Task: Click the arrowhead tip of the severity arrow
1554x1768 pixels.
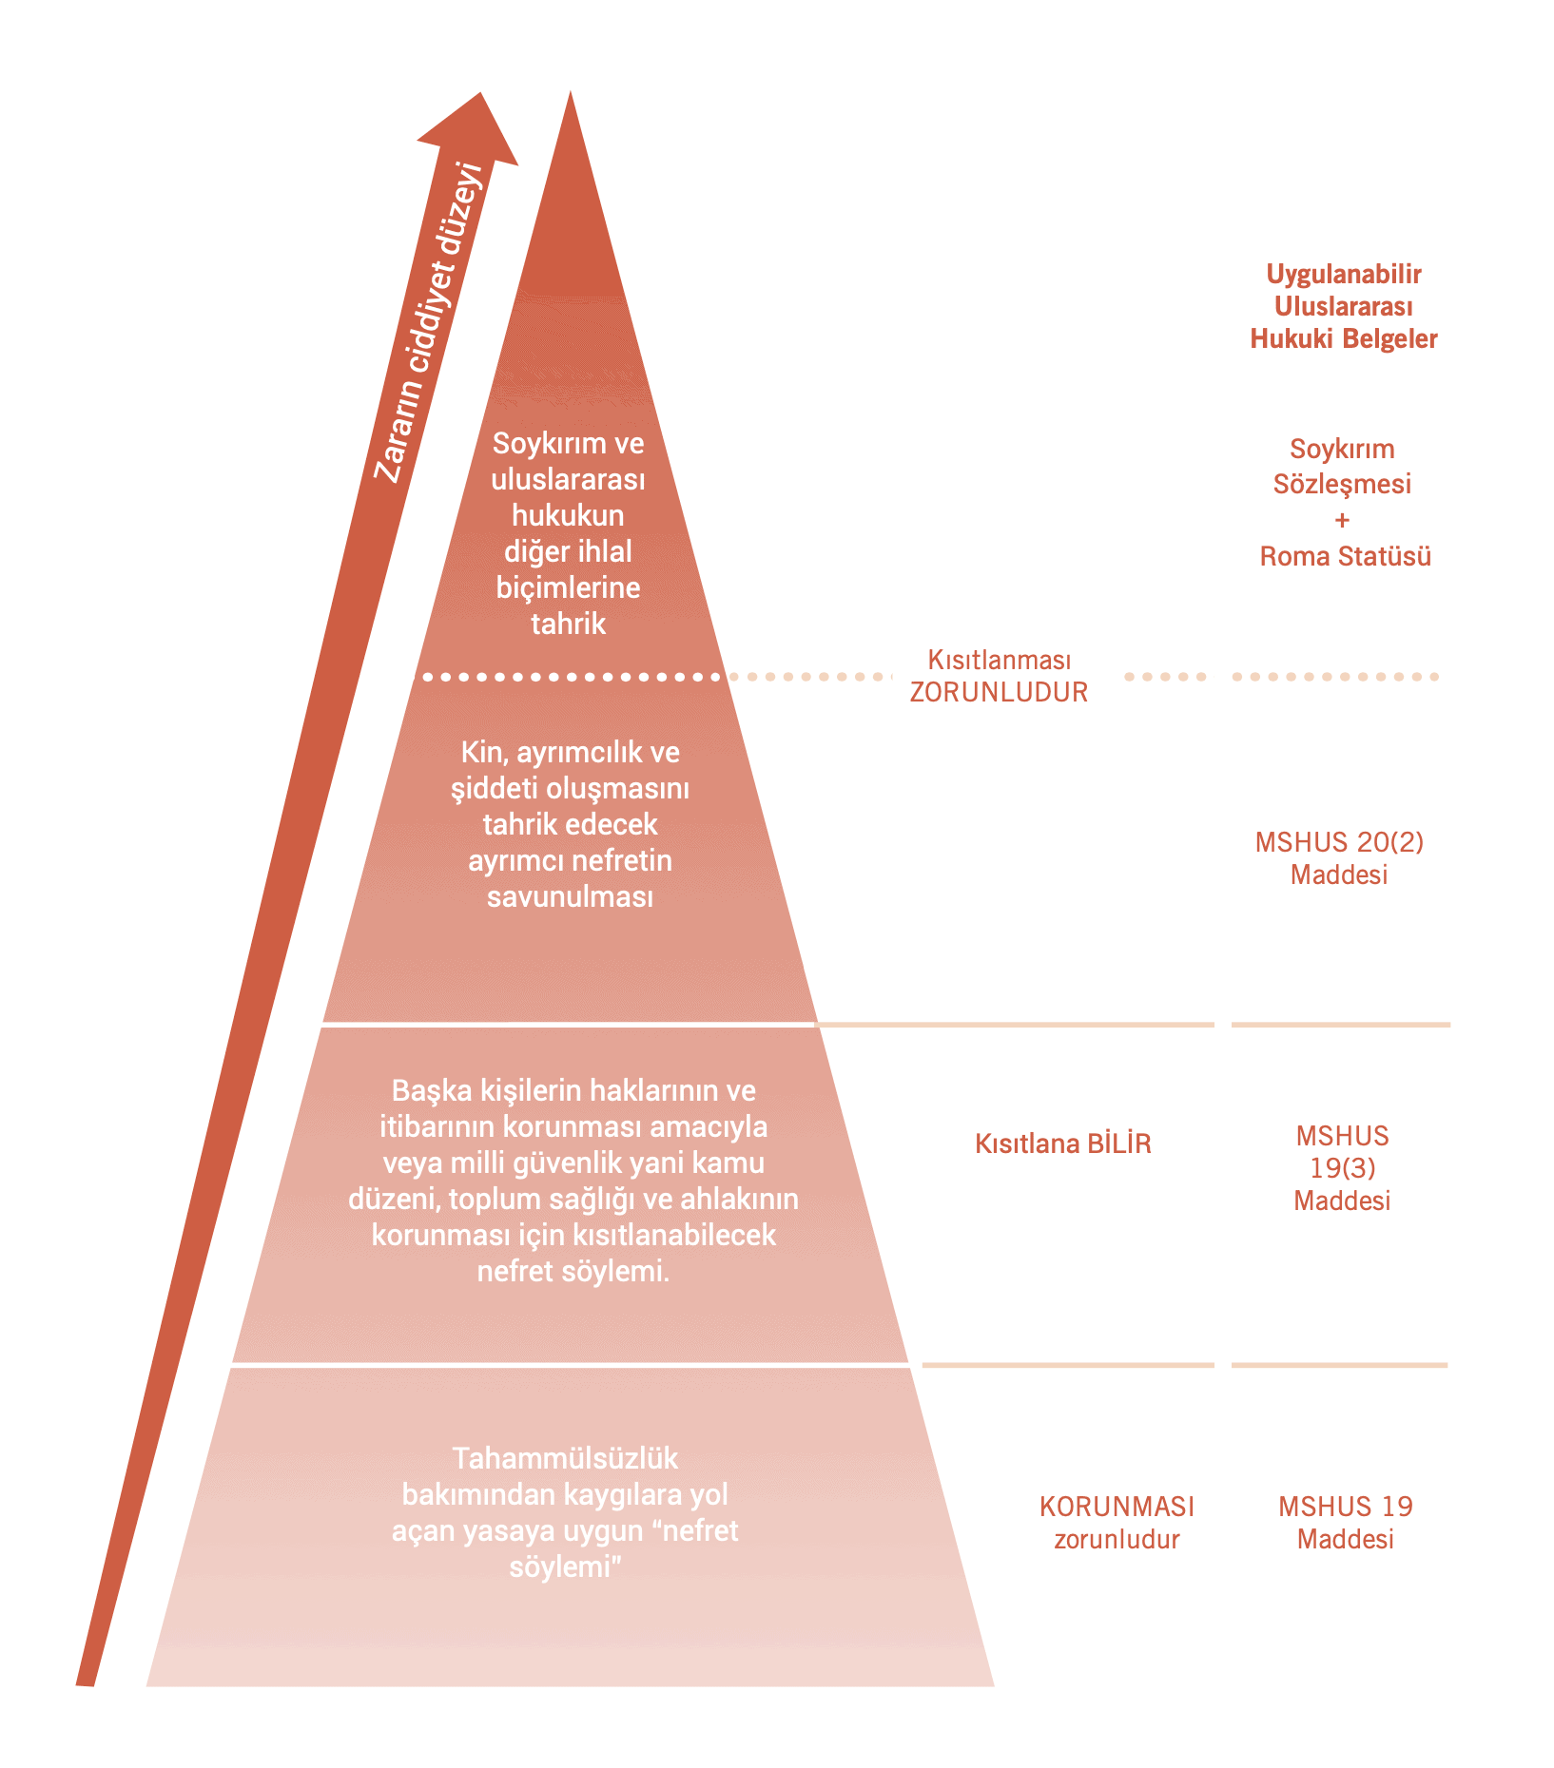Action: (480, 95)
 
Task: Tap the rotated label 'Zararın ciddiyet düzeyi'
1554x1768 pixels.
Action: (429, 323)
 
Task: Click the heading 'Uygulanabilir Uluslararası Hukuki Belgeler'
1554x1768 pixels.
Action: (1343, 306)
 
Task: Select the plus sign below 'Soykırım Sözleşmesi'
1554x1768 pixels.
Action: (1342, 520)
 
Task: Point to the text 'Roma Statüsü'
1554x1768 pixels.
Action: (1345, 556)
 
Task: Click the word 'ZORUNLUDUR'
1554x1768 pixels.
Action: (999, 692)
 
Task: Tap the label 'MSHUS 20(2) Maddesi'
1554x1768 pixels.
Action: (1339, 857)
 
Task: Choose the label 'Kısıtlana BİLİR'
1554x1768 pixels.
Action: (1062, 1143)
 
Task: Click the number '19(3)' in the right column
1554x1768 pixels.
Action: (1342, 1168)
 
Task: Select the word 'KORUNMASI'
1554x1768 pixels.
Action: (1117, 1507)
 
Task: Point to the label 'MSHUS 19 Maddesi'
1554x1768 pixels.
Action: (1345, 1523)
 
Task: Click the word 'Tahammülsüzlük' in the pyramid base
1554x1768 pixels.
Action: (565, 1458)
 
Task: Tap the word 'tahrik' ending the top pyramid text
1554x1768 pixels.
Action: (568, 624)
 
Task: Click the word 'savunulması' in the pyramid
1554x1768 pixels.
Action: (570, 896)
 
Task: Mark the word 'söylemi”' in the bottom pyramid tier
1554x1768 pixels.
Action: (565, 1566)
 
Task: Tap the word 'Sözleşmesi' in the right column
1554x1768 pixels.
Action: (1342, 484)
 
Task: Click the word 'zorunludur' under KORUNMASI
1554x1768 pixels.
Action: (1117, 1539)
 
